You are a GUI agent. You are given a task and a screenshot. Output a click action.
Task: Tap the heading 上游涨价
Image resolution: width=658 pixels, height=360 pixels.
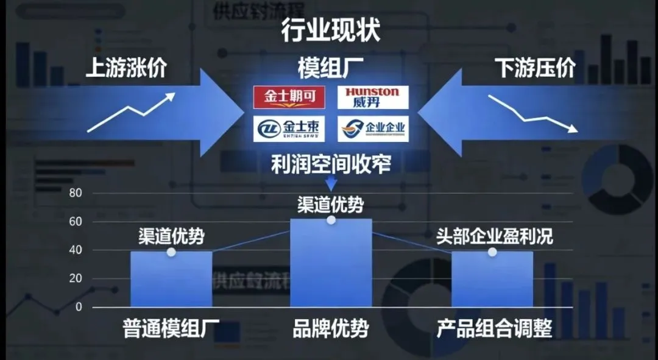(x=126, y=68)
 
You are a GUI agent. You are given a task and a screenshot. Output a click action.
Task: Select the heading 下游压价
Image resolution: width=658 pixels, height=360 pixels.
(x=535, y=68)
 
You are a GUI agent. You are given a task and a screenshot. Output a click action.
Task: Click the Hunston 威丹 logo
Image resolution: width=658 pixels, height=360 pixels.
(x=372, y=97)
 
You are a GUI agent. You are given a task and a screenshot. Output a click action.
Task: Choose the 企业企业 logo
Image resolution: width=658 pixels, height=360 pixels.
(x=372, y=129)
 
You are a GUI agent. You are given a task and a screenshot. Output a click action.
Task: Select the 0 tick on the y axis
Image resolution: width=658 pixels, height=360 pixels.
(x=79, y=307)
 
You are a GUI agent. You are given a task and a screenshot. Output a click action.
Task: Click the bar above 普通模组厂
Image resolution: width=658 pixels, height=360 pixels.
(x=171, y=280)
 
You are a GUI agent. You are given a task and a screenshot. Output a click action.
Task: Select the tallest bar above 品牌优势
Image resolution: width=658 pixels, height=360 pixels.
(x=331, y=263)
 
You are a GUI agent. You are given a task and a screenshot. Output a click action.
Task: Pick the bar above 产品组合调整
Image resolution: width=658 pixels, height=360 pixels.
(x=492, y=280)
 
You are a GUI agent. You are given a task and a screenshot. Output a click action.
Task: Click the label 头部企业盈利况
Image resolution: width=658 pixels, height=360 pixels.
(x=494, y=236)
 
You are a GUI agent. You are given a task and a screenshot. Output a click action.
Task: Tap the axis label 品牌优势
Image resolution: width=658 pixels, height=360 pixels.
(x=331, y=330)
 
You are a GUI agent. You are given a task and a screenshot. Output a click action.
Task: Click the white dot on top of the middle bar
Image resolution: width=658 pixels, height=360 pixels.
(x=331, y=220)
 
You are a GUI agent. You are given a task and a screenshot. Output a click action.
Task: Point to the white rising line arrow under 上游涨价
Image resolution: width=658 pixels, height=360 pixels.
(x=131, y=111)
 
